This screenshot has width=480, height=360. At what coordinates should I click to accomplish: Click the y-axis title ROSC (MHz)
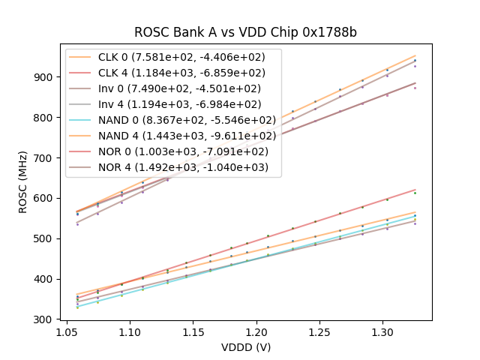pyautogui.click(x=23, y=180)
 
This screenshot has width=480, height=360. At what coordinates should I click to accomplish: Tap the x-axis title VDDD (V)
pyautogui.click(x=246, y=347)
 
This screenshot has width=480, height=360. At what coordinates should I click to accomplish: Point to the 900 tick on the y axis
pyautogui.click(x=46, y=77)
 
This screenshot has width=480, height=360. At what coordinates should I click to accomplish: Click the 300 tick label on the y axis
pyautogui.click(x=46, y=319)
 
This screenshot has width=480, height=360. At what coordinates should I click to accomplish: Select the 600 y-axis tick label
pyautogui.click(x=46, y=198)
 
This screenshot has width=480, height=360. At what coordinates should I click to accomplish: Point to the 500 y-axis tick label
pyautogui.click(x=46, y=238)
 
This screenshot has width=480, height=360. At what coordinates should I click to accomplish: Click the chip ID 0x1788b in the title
pyautogui.click(x=327, y=32)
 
